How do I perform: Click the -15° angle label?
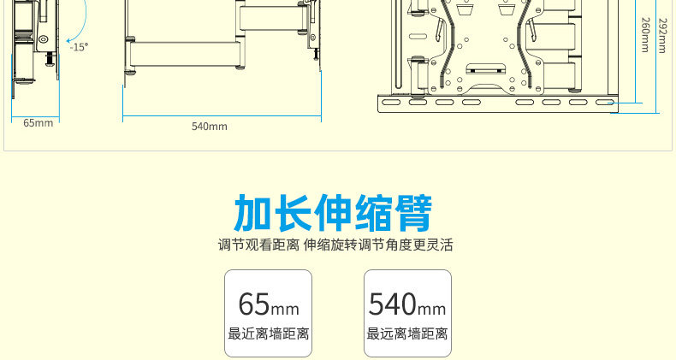point(79,47)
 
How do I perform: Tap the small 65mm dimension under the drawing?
point(38,122)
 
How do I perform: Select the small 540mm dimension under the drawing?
point(210,127)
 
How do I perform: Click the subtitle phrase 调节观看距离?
point(258,246)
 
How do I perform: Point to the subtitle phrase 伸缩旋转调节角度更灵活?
point(378,246)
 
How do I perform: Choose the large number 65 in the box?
point(254,304)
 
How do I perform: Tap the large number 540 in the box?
point(391,304)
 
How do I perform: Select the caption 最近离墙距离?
point(268,334)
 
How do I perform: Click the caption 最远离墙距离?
point(407,334)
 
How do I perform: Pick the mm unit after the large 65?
point(286,308)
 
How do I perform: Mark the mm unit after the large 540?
point(431,308)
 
